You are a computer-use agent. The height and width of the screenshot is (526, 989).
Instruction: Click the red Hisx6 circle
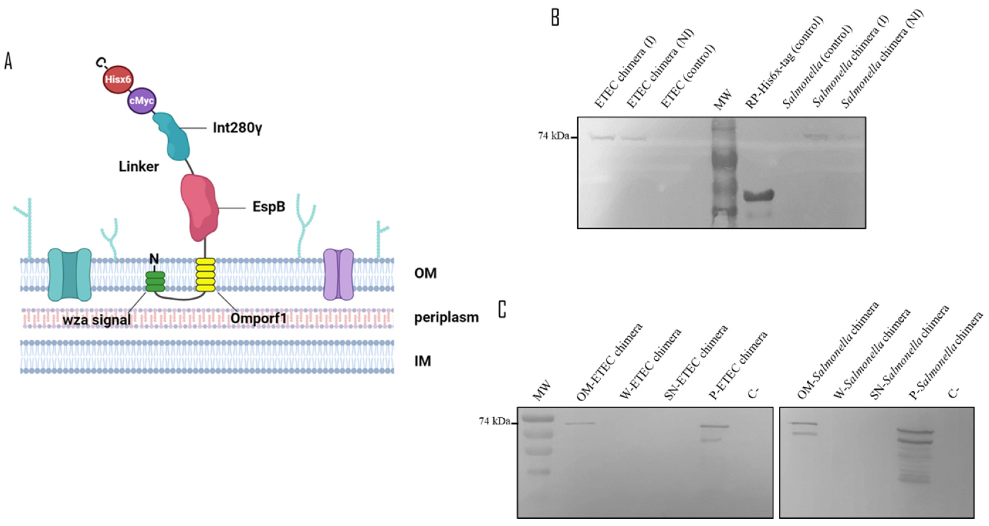pos(118,79)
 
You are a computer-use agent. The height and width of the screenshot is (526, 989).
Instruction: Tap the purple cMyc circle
pos(142,101)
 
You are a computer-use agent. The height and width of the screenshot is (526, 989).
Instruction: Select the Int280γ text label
pos(238,128)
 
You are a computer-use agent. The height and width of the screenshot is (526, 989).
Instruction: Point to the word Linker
pos(138,167)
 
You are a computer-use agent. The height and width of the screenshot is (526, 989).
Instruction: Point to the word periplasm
pos(447,317)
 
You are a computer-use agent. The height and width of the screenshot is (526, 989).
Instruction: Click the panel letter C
pos(502,309)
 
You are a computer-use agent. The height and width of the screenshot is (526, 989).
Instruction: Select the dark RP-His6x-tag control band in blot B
pos(759,195)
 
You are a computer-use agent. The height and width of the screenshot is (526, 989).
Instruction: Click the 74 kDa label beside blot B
pos(554,136)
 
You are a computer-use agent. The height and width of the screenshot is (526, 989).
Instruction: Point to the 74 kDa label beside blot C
pos(495,421)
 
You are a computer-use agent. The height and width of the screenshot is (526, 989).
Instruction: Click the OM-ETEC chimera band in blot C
pos(580,424)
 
